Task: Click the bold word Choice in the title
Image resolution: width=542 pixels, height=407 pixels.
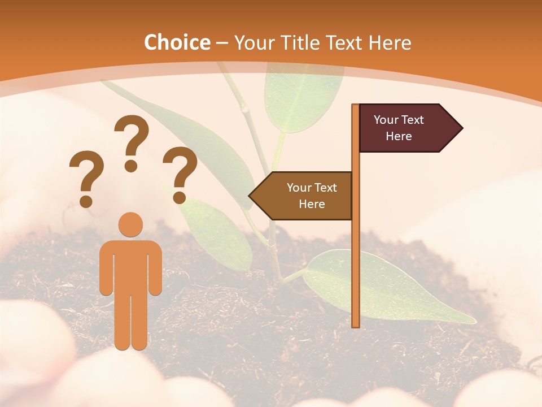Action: (x=177, y=42)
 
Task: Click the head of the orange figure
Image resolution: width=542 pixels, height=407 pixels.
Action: (x=131, y=224)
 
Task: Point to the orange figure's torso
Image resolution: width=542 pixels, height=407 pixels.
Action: (x=131, y=266)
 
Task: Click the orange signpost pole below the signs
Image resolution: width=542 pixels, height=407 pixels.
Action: (x=356, y=271)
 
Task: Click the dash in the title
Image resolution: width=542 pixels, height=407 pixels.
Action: (x=222, y=43)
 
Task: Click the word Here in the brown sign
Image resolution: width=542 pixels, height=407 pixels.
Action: (x=312, y=204)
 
